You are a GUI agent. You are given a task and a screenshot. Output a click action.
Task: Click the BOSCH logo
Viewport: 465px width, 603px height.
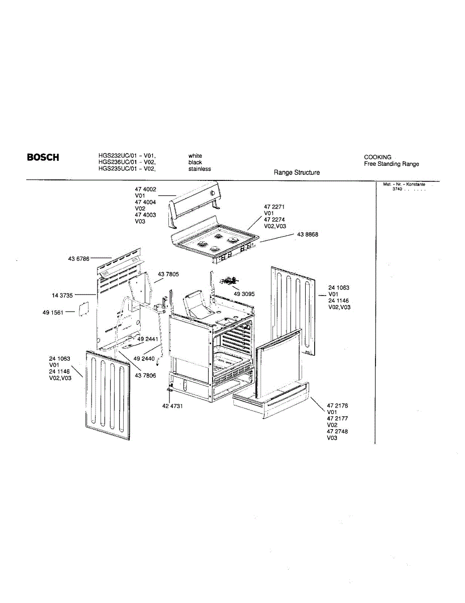43,157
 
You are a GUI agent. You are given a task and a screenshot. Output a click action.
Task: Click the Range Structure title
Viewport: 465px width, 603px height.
297,172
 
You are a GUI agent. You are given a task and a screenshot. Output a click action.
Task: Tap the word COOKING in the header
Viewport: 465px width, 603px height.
378,157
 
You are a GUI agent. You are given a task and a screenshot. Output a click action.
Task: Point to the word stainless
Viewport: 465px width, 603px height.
200,169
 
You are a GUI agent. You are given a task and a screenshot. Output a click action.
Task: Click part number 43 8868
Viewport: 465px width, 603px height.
308,235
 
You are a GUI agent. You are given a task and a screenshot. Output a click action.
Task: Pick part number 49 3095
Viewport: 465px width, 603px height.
244,294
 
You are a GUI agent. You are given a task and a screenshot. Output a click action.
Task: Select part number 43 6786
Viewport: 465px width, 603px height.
78,259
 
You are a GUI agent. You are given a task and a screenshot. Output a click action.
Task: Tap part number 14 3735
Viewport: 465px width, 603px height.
63,295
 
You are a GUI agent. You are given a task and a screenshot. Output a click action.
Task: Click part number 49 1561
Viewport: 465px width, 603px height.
53,313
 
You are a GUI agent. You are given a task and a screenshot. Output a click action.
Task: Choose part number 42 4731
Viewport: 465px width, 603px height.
172,406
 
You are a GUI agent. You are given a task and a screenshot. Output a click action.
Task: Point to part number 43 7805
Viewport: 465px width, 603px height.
168,274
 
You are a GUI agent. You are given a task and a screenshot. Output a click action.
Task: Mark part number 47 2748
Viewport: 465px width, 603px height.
337,431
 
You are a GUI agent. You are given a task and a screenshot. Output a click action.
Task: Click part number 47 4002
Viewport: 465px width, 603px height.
145,189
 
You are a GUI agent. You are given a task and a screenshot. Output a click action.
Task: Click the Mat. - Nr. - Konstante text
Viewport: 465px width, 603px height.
404,184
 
